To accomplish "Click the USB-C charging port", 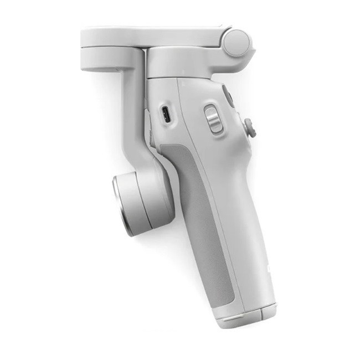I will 165,115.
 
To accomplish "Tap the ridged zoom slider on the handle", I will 213,119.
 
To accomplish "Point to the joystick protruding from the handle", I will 250,128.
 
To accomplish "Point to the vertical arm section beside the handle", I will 133,111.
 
